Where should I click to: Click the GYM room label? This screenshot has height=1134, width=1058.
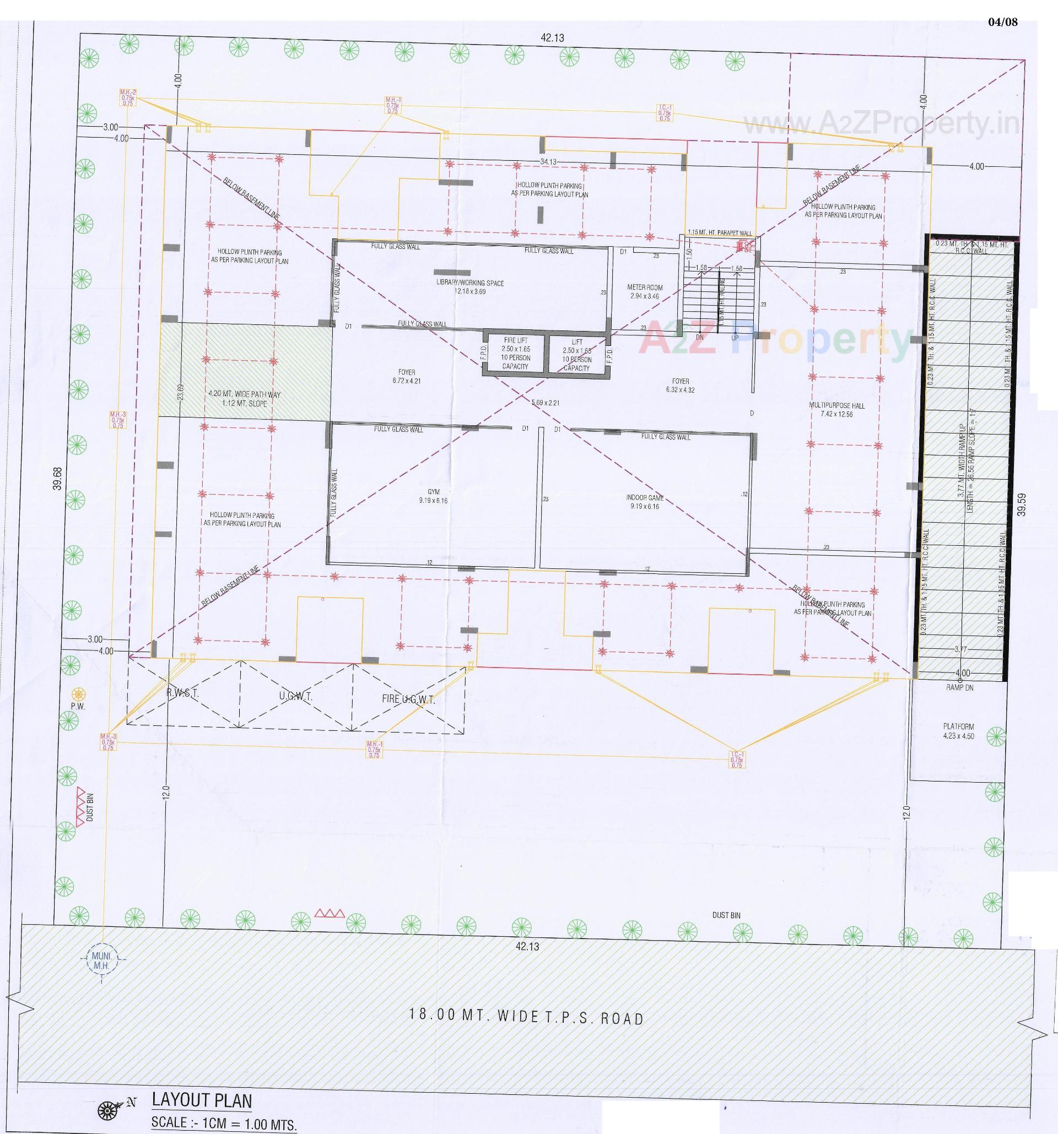434,496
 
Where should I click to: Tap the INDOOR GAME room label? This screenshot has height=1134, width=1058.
644,501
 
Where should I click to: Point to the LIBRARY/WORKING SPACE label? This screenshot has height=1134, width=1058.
469,286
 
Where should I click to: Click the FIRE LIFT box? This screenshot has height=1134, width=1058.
515,353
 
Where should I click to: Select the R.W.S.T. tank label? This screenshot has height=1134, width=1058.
182,694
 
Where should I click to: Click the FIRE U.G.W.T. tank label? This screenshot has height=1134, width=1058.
408,699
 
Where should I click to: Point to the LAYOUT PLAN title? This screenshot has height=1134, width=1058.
202,1100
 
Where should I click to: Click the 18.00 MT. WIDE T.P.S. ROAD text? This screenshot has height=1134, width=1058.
527,1018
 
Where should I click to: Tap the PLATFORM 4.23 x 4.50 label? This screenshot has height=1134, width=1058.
958,731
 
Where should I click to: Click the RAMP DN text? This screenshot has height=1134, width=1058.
959,688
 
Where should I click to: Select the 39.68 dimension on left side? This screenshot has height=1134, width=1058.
58,479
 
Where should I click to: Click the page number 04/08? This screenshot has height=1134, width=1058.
1002,22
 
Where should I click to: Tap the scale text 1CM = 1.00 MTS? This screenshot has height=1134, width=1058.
224,1124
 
